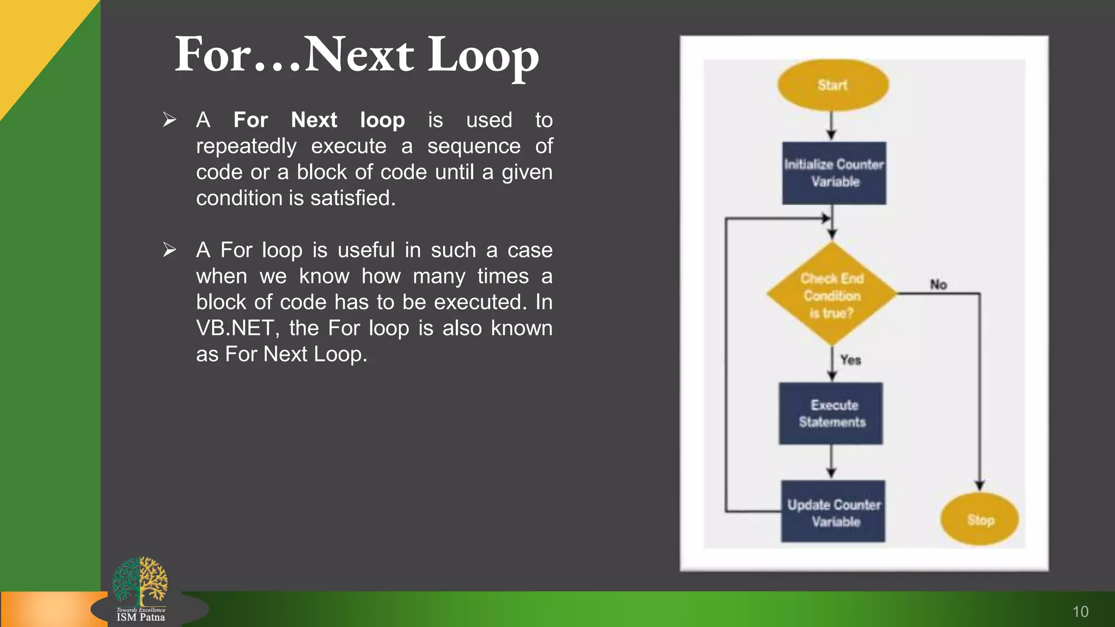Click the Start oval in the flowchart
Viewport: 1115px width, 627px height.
(832, 85)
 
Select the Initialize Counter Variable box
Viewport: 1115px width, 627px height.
(834, 173)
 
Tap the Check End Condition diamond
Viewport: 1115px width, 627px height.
(831, 294)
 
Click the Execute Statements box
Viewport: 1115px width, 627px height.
(831, 414)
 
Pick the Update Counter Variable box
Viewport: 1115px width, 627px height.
(833, 512)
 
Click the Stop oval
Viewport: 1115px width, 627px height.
(980, 520)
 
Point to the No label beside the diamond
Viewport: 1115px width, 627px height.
(938, 285)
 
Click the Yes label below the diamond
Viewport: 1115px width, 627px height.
(850, 360)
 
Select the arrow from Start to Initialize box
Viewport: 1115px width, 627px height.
(831, 126)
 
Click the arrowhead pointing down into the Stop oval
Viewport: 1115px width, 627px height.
(980, 485)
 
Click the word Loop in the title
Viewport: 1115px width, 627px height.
(483, 56)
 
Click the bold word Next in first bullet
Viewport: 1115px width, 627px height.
(314, 120)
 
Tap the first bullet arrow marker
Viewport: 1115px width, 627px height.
(169, 119)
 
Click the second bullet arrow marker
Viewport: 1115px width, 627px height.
(169, 250)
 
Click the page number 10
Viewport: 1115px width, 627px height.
(1080, 612)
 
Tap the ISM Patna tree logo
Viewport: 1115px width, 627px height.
(140, 582)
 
